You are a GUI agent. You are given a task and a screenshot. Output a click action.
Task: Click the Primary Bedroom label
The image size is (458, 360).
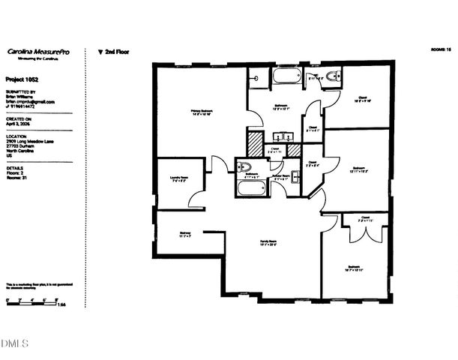tap(202, 112)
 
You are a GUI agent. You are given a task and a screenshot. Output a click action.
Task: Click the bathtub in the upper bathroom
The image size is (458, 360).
tap(286, 76)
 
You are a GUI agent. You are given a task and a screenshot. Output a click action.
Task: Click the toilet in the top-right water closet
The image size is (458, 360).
tap(334, 76)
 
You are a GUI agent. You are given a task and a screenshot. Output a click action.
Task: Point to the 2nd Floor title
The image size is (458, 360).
tap(115, 52)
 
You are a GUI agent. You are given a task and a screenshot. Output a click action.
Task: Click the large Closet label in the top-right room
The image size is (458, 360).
tap(361, 99)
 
